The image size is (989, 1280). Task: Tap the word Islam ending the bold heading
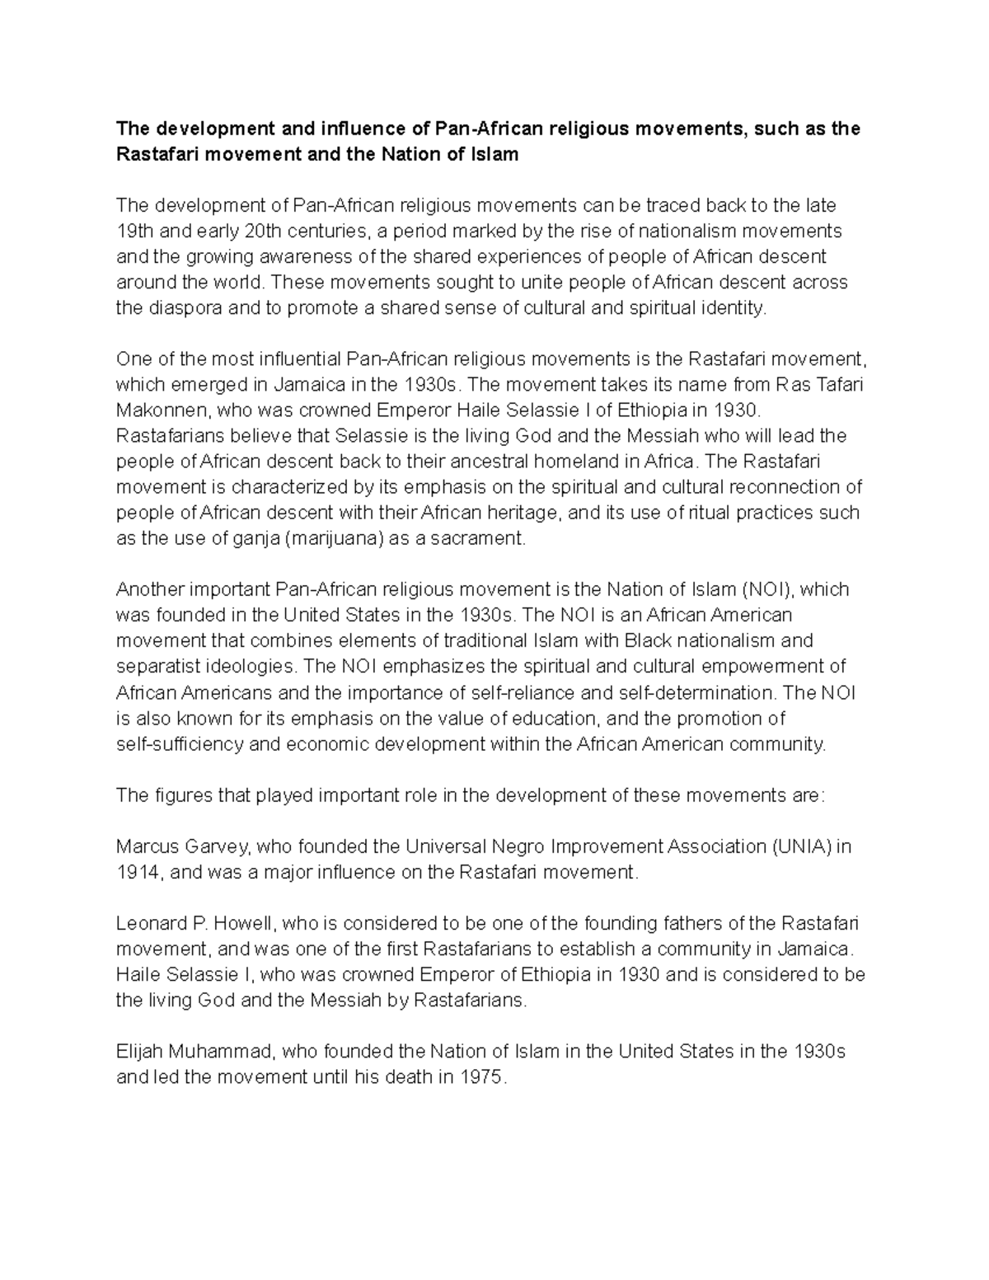(494, 154)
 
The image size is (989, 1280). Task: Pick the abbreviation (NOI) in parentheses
(768, 589)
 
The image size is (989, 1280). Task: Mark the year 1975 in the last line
(481, 1077)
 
